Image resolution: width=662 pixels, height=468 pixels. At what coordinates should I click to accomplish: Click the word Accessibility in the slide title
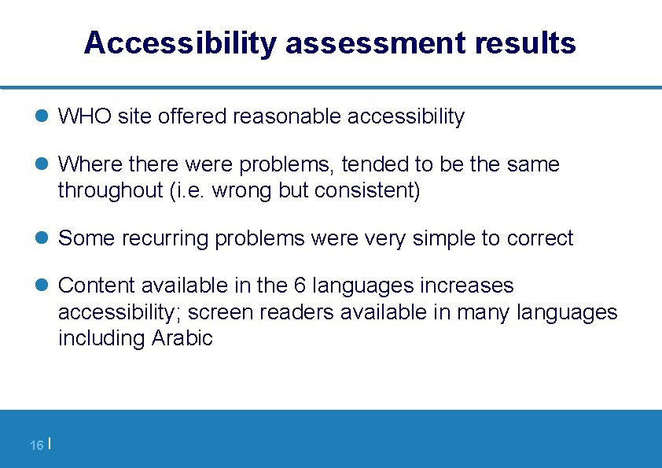pyautogui.click(x=180, y=43)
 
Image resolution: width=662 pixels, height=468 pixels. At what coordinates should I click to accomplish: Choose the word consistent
pyautogui.click(x=366, y=191)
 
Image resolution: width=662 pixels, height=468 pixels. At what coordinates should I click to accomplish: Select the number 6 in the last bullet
pyautogui.click(x=305, y=286)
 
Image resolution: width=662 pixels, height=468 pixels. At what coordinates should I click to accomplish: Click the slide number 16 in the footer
pyautogui.click(x=36, y=446)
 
